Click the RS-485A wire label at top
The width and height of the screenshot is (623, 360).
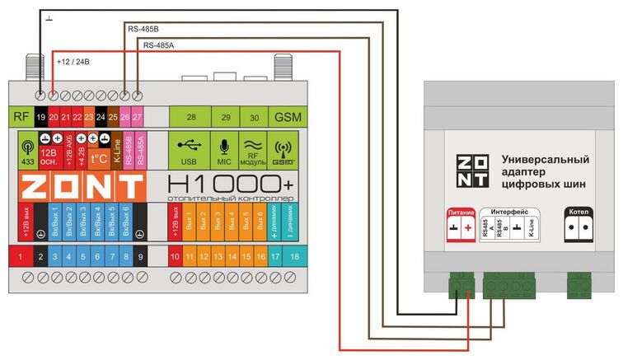click(158, 44)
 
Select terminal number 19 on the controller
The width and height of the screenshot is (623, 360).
click(40, 118)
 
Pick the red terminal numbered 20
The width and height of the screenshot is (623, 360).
click(54, 118)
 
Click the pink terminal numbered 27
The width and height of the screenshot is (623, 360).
click(137, 118)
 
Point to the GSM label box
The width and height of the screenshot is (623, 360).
click(288, 118)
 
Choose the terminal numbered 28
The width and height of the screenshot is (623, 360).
click(190, 118)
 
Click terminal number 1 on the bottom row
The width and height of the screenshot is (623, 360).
click(19, 258)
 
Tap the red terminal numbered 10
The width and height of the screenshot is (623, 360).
click(175, 258)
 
